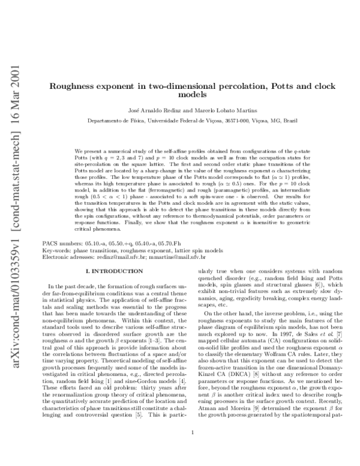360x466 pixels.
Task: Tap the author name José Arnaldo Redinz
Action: [152, 110]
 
